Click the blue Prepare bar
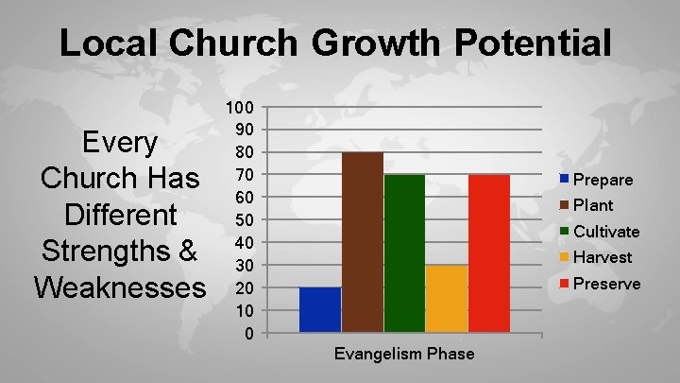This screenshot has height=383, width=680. [x=320, y=310]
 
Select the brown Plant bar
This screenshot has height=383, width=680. [x=363, y=242]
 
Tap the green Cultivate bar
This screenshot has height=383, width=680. [x=404, y=253]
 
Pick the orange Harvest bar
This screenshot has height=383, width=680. [x=447, y=299]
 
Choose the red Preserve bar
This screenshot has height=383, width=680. [x=489, y=253]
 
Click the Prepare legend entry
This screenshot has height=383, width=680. [x=597, y=180]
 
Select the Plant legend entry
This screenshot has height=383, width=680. [x=587, y=205]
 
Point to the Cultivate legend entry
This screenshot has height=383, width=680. [x=600, y=232]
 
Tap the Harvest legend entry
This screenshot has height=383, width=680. [x=597, y=257]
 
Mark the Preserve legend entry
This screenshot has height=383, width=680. [x=600, y=284]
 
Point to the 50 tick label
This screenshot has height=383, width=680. [x=244, y=219]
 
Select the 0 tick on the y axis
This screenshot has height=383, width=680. [x=248, y=333]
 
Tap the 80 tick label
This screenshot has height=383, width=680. [x=244, y=152]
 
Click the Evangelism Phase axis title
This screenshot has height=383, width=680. [x=404, y=354]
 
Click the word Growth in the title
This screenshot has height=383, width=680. [x=366, y=44]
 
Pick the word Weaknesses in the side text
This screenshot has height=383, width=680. [x=120, y=287]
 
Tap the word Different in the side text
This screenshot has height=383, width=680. [x=120, y=215]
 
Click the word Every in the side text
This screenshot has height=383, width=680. [x=120, y=143]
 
